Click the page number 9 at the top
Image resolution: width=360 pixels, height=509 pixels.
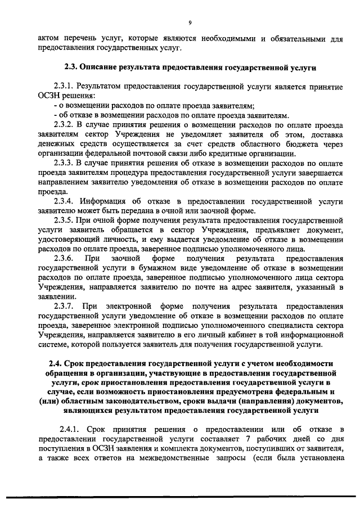190,22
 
